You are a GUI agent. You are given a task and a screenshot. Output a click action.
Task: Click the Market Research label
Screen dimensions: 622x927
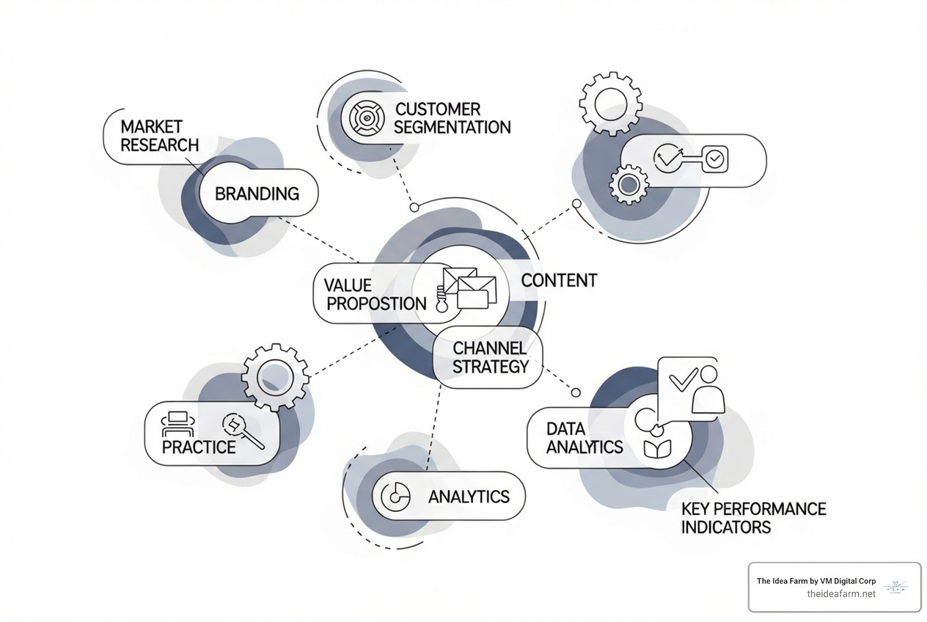coord(159,136)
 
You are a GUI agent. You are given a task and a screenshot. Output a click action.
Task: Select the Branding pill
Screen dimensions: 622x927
coord(257,194)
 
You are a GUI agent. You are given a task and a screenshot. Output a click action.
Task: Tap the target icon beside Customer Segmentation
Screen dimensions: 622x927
coord(364,117)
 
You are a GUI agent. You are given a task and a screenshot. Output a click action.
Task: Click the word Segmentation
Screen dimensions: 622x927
coord(452,127)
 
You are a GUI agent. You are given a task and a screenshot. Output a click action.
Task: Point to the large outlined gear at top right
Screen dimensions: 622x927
coord(611,103)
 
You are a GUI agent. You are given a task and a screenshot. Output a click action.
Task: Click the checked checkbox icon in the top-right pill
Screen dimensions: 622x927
coord(714,158)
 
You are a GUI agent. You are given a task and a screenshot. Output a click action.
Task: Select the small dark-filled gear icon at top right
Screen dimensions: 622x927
coord(629,185)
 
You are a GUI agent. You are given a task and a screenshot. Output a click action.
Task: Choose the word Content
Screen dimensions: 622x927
coord(559,280)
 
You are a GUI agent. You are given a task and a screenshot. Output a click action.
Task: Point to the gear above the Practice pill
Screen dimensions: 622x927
coord(276,377)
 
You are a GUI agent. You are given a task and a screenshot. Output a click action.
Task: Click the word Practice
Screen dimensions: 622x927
coord(199,447)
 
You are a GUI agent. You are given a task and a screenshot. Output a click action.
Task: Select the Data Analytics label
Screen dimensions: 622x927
coord(585,438)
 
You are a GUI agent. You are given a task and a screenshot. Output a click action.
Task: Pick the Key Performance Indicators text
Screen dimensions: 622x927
coord(753,517)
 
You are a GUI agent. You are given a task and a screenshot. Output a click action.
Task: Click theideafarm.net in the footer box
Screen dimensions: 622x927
coord(840,594)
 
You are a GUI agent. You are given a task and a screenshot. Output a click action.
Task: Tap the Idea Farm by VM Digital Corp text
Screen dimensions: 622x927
coord(816,581)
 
